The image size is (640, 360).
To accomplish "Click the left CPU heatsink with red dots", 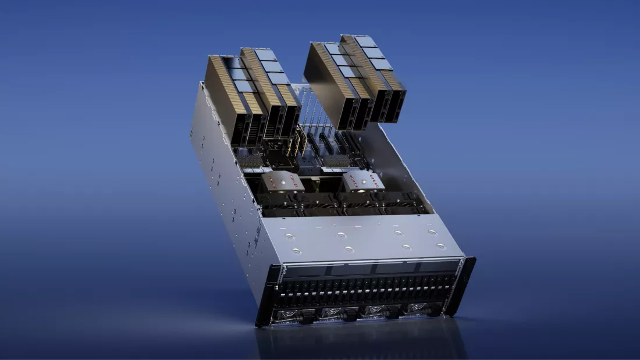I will (282, 182).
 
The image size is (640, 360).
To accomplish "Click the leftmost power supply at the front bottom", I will (289, 315).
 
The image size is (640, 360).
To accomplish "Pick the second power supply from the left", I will (333, 312).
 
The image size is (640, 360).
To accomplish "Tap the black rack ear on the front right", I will (465, 285).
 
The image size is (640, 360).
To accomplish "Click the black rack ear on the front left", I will (265, 297).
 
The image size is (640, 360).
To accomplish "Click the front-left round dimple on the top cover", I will (296, 251).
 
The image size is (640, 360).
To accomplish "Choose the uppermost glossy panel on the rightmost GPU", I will (366, 41).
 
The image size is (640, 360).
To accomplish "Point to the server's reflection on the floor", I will (361, 343).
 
